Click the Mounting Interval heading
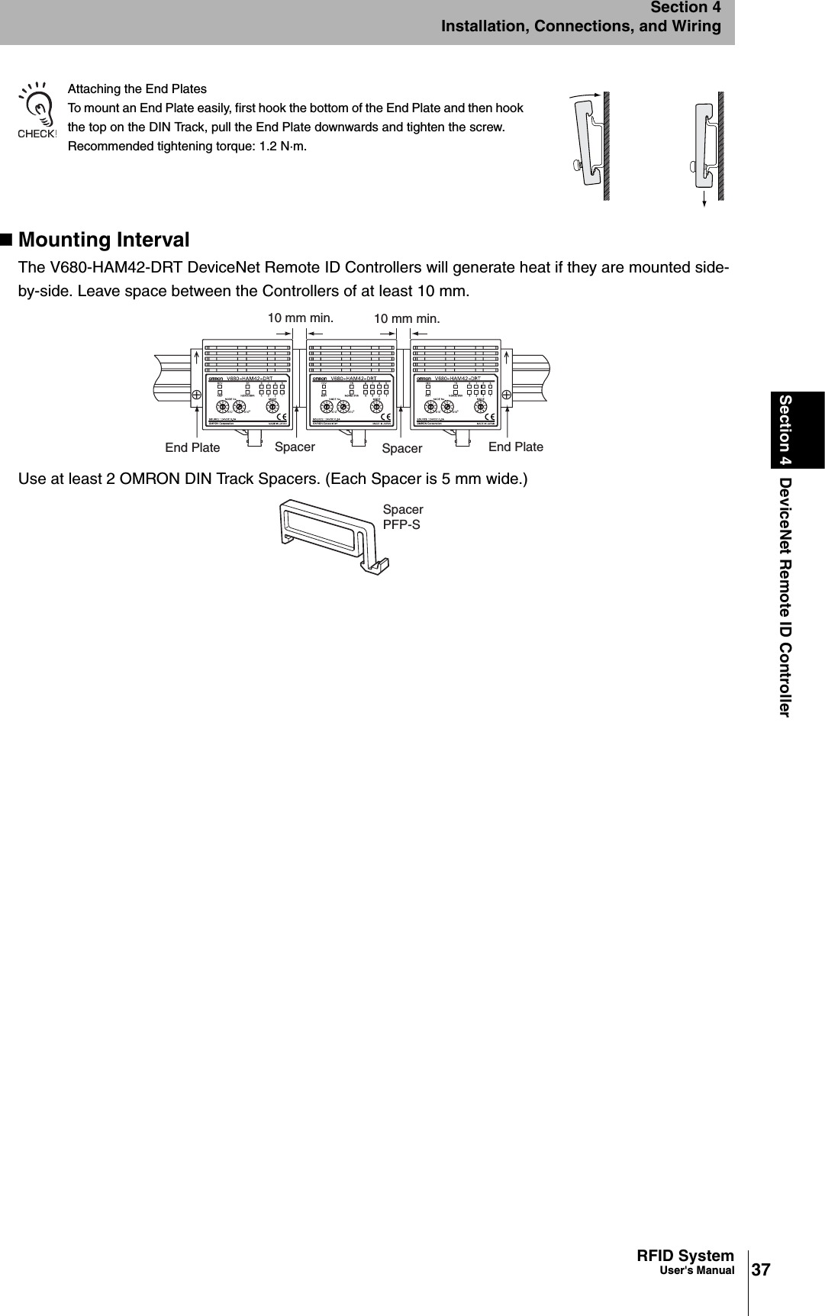coord(104,240)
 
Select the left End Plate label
coord(192,448)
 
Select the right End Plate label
coord(516,447)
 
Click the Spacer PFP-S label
coord(403,517)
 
